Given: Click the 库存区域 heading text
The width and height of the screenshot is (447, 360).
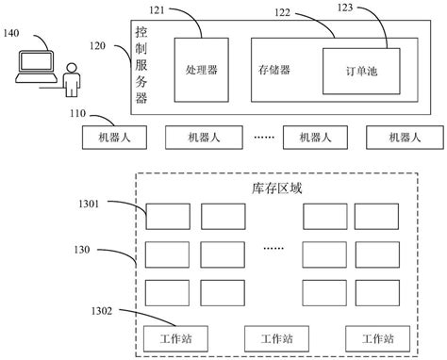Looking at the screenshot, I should [x=273, y=188].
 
